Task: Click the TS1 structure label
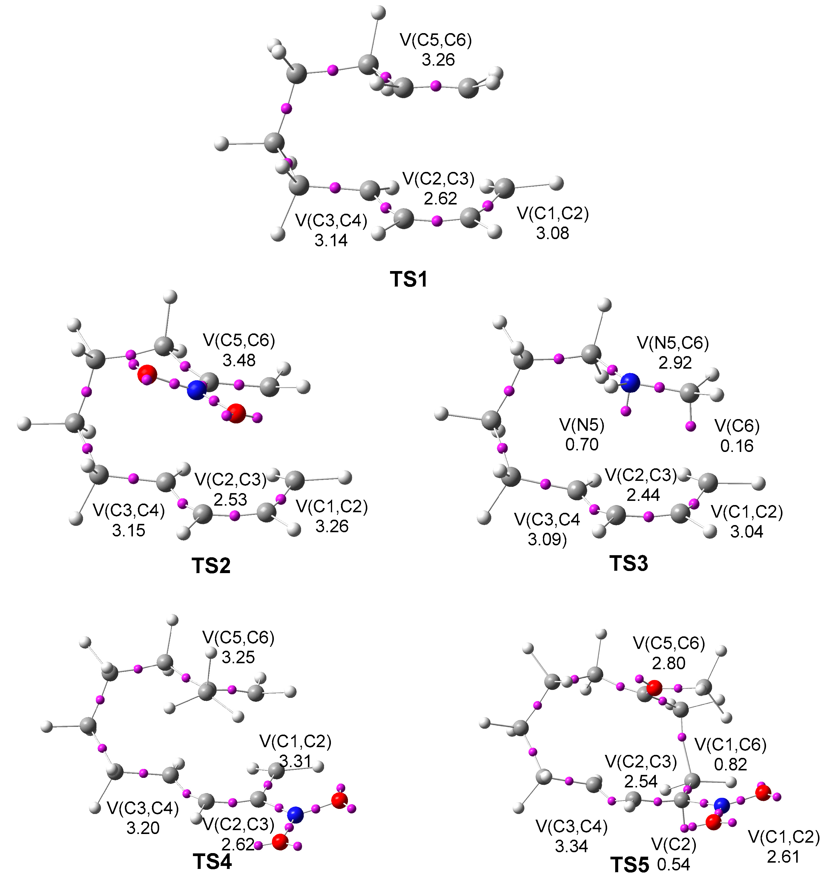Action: (409, 279)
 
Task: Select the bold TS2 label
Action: (211, 566)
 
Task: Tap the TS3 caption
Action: (629, 563)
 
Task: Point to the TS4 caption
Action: (212, 861)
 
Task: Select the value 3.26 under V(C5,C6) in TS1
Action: (438, 60)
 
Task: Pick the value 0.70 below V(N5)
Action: (581, 444)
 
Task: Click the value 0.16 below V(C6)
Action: (737, 446)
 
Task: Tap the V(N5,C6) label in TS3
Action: (673, 343)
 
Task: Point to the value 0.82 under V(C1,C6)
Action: (730, 764)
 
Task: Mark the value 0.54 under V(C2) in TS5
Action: (673, 864)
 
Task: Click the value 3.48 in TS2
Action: (239, 360)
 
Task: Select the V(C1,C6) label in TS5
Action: (730, 745)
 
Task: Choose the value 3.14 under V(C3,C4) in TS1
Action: (331, 241)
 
